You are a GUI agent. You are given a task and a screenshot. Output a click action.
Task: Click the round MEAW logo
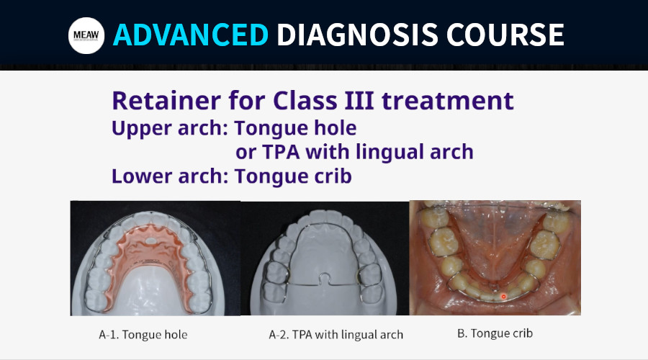[86, 35]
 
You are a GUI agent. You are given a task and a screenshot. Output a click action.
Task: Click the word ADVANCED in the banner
[191, 35]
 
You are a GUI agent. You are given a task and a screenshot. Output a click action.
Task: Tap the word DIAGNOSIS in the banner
[357, 35]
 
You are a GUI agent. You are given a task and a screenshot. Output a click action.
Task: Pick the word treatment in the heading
[448, 102]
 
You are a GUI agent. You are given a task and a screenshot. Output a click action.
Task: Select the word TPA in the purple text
[281, 152]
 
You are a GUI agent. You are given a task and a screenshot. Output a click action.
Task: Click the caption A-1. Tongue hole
[143, 334]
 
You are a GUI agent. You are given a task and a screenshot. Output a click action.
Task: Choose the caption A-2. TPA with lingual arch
[336, 334]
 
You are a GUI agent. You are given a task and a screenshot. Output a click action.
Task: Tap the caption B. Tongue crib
[495, 333]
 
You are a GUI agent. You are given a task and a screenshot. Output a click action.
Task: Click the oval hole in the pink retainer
[152, 240]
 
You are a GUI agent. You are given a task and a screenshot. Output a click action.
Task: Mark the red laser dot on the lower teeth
[503, 297]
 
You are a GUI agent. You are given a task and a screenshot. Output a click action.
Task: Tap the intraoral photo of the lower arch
[495, 258]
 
